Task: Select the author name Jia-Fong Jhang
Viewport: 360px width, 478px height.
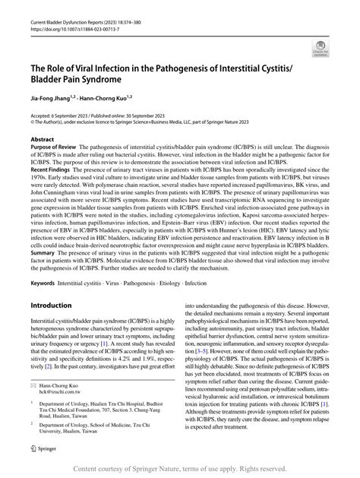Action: [49, 99]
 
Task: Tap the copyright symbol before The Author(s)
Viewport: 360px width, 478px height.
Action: [33, 122]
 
